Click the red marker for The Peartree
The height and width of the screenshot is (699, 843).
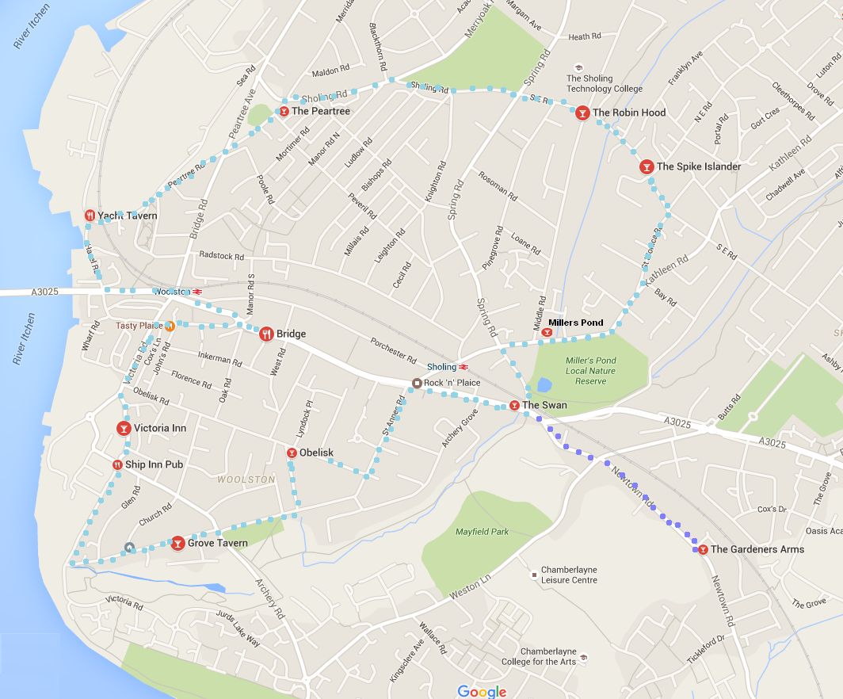point(284,111)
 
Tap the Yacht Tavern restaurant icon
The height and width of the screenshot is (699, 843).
point(90,216)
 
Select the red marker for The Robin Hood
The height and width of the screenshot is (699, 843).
point(582,113)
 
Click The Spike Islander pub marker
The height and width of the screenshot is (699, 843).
point(647,166)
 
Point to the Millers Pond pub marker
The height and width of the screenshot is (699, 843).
point(547,333)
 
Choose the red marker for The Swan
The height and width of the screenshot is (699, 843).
point(514,405)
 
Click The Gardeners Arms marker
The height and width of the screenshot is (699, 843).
point(703,549)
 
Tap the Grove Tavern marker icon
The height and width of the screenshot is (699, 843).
point(178,543)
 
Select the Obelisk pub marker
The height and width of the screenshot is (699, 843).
point(292,453)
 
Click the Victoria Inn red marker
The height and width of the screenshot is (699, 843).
point(124,428)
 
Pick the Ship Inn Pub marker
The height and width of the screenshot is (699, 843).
point(117,464)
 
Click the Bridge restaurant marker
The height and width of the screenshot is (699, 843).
point(266,334)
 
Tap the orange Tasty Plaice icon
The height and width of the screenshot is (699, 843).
point(170,326)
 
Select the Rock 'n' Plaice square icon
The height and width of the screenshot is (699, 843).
point(417,383)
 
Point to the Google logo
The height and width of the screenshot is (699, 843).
point(482,692)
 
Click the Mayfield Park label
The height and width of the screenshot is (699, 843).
point(482,532)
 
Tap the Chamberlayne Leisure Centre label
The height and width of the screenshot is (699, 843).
point(569,575)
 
